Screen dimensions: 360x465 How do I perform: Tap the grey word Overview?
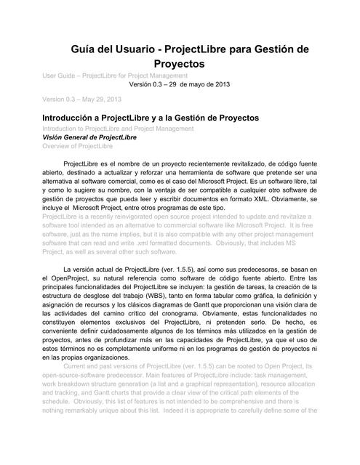[x=58, y=146]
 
